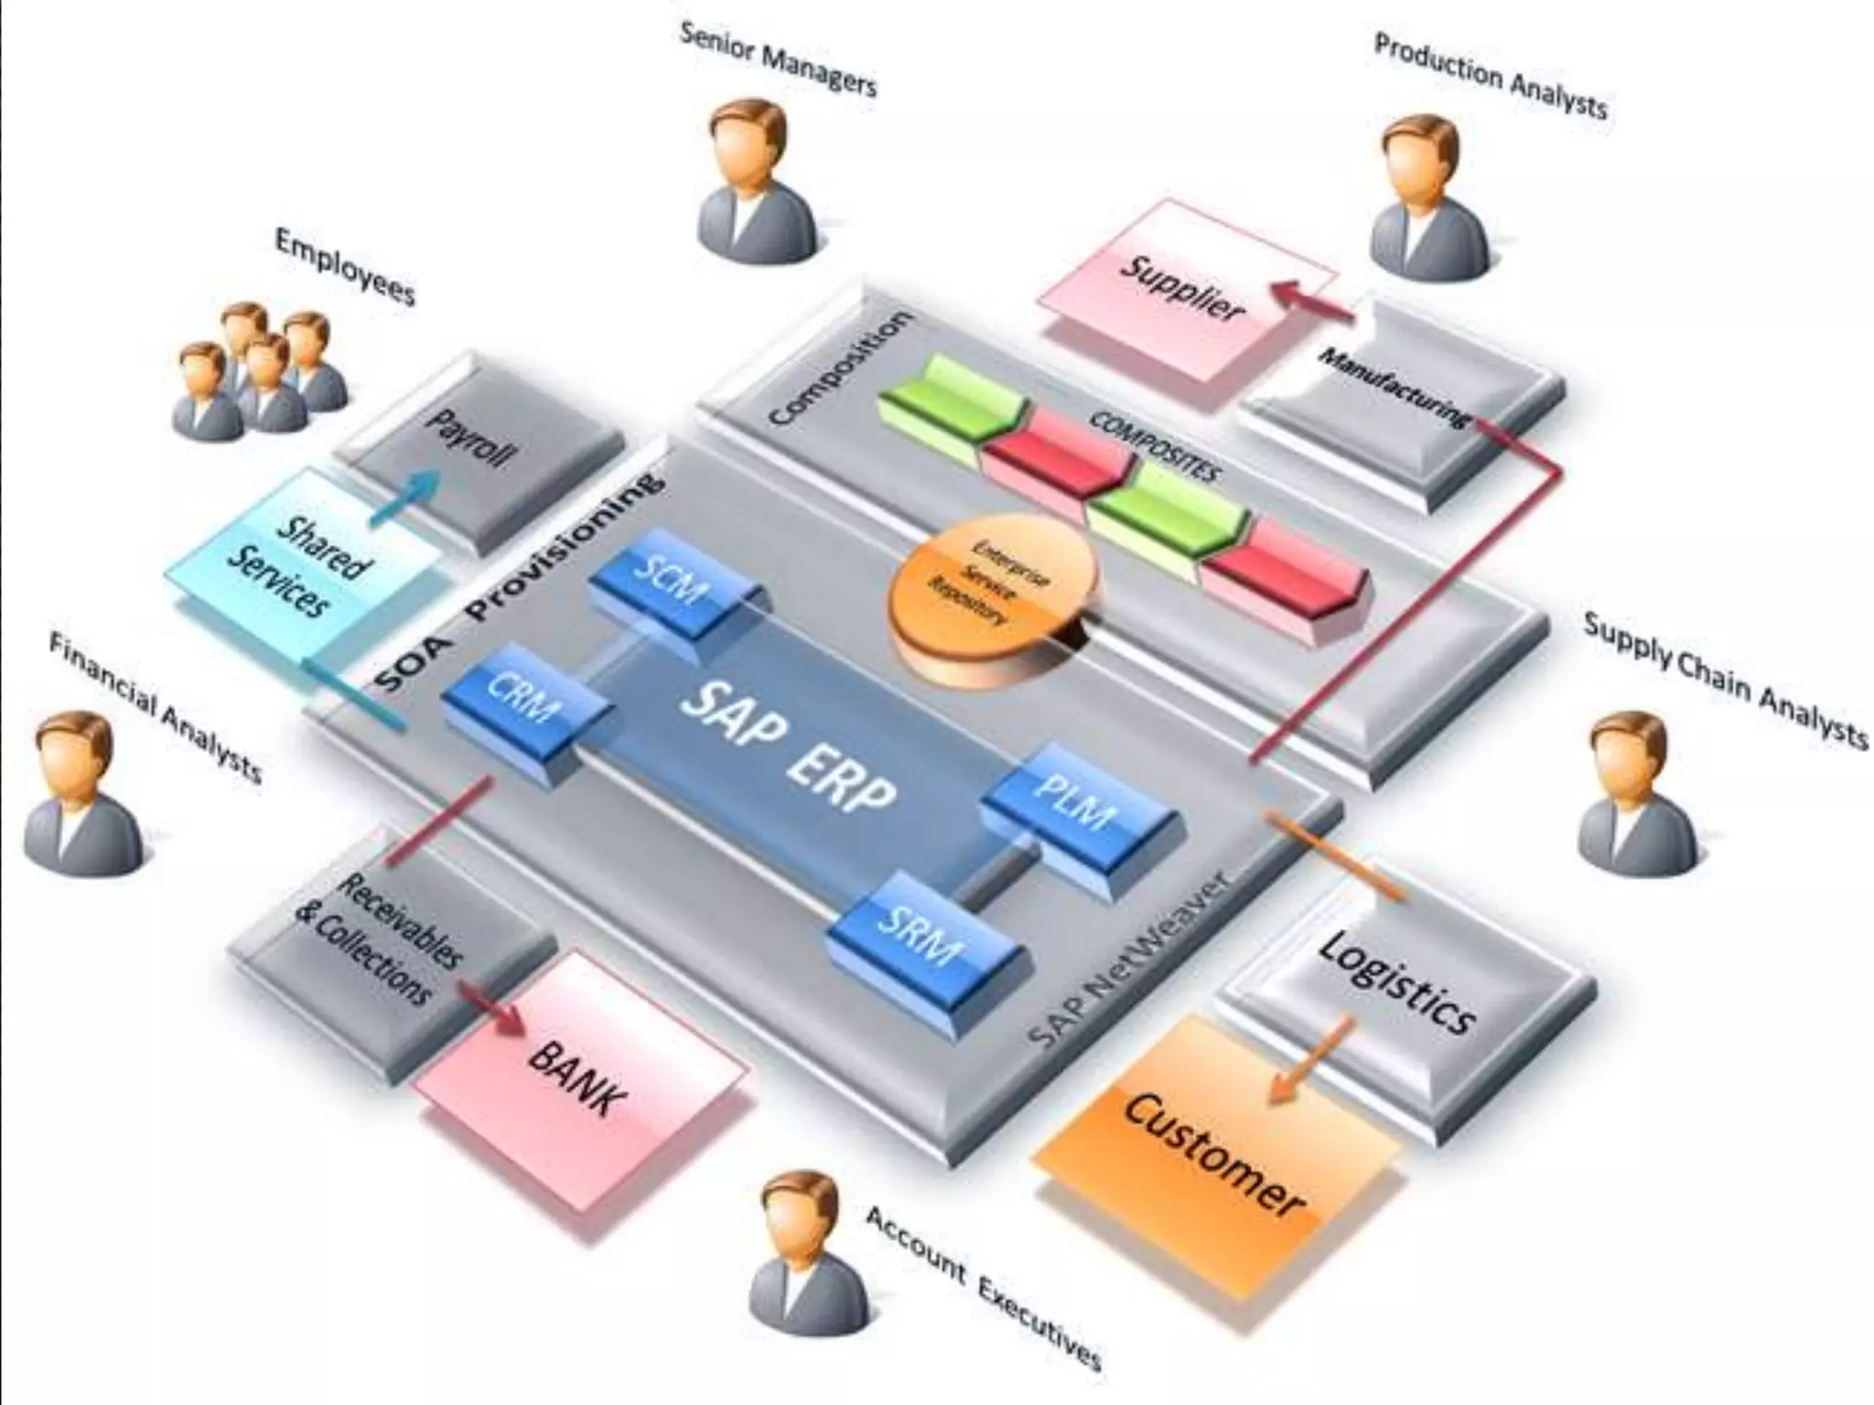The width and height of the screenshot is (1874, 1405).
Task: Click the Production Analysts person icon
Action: tap(1423, 197)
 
